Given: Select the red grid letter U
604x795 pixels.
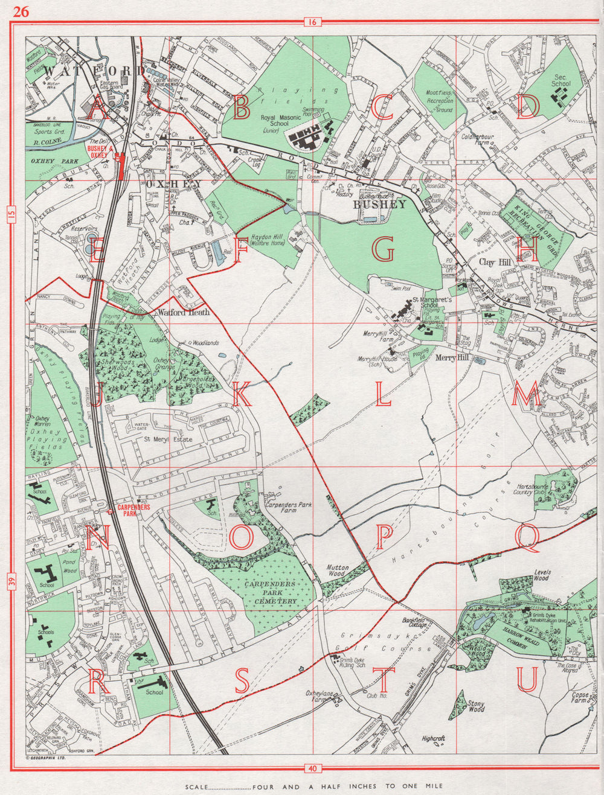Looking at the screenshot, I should point(527,680).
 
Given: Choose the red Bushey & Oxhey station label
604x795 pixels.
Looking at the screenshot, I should point(97,151).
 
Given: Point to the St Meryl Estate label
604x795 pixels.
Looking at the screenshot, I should point(168,439).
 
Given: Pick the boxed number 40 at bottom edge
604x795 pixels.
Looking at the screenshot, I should point(311,768).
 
